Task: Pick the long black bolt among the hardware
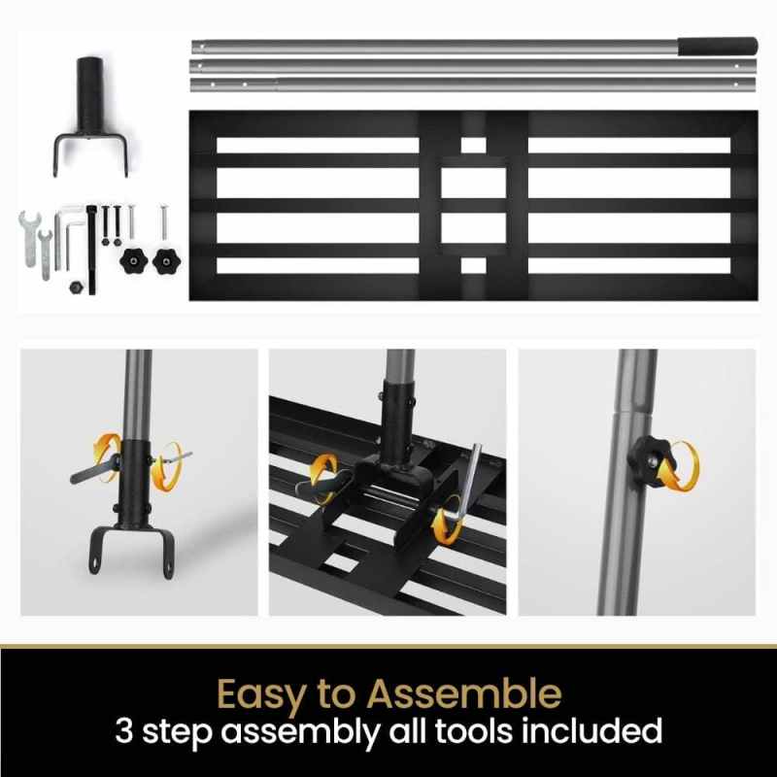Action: pos(92,249)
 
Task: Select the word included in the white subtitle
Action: pos(602,730)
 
